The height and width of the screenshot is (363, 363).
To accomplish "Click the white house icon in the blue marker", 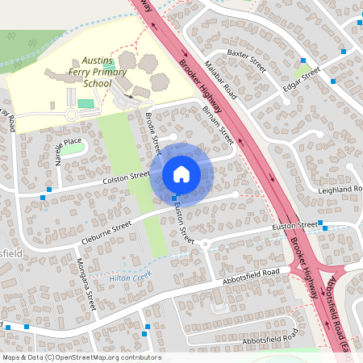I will click(181, 173).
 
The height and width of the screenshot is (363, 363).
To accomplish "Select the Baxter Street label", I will click(246, 59).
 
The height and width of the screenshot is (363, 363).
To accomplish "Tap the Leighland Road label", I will click(341, 189).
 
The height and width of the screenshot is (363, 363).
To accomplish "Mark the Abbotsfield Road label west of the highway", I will click(252, 277).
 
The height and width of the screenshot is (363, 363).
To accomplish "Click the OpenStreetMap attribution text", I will click(81, 357).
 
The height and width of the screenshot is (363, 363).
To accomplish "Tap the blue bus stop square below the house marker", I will click(174, 198).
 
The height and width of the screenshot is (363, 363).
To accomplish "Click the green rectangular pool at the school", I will click(86, 103).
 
